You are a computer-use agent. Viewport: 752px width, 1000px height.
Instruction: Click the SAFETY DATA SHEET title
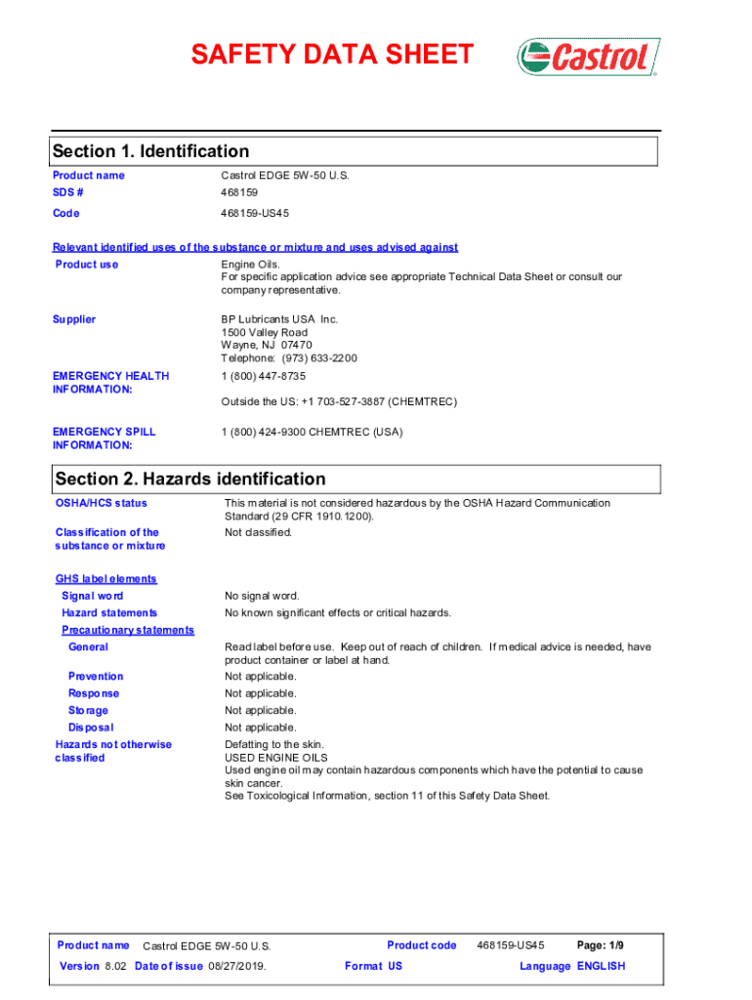[x=332, y=55]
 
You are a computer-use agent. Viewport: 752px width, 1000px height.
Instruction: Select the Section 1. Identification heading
[x=150, y=151]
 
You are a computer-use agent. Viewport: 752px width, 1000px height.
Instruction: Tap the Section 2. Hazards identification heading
[x=190, y=479]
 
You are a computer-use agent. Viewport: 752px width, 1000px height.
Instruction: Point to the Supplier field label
[x=74, y=319]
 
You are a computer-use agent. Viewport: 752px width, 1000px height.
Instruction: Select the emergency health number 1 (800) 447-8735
[x=264, y=376]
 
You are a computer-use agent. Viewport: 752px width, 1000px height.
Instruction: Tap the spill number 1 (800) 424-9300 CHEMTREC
[x=312, y=432]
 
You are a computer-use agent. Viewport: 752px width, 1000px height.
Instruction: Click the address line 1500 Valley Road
[x=264, y=333]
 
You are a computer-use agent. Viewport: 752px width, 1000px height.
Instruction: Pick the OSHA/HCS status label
[x=102, y=503]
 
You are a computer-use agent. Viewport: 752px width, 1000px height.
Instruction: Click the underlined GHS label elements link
[x=105, y=579]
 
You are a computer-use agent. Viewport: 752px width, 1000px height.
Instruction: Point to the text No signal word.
[x=262, y=596]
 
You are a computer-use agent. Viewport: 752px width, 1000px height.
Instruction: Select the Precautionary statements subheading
[x=127, y=630]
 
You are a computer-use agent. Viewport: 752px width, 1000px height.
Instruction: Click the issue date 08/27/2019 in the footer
[x=234, y=967]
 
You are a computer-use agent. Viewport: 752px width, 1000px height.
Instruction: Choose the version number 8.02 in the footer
[x=116, y=967]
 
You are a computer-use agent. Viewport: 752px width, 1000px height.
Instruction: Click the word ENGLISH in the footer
[x=602, y=967]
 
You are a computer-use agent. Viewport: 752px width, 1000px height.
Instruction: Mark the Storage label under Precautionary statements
[x=88, y=711]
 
